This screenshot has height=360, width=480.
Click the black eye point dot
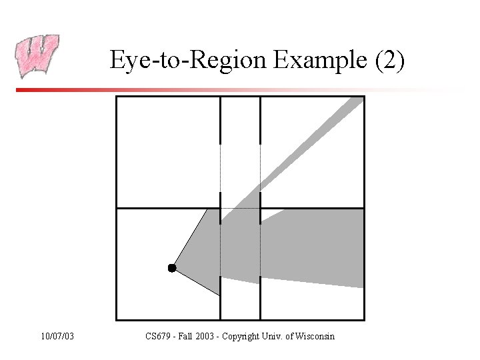point(172,268)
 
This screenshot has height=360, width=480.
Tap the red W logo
point(37,56)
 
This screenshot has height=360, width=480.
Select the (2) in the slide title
point(389,61)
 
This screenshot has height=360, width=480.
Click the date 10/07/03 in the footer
point(57,336)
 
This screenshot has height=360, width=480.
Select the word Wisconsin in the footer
point(313,336)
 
